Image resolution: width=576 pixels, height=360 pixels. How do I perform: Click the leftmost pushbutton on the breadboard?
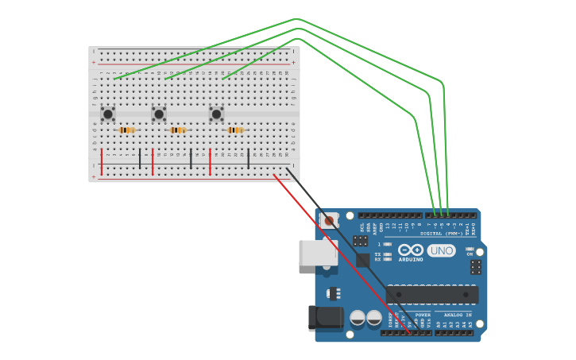click(x=108, y=114)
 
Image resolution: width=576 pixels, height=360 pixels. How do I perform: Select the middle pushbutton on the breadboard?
click(x=159, y=114)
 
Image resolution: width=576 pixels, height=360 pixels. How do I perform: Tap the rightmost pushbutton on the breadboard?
click(x=216, y=114)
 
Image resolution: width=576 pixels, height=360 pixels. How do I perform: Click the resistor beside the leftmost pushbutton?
click(x=127, y=130)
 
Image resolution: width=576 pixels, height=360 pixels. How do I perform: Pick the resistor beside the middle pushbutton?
click(x=178, y=130)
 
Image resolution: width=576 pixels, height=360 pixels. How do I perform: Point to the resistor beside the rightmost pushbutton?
click(x=235, y=130)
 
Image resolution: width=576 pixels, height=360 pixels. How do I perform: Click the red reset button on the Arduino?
click(x=329, y=220)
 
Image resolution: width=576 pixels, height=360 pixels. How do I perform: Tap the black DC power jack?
click(x=325, y=318)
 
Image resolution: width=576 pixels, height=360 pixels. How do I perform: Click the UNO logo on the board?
click(x=441, y=250)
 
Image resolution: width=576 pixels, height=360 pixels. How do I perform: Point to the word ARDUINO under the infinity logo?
click(x=411, y=260)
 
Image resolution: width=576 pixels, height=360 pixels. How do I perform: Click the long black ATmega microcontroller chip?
click(x=432, y=294)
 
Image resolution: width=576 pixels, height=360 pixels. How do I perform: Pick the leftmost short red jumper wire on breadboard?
click(x=102, y=161)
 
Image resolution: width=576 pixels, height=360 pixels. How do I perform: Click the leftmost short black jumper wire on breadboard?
click(x=140, y=158)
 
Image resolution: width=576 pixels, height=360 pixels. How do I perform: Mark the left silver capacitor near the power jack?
click(x=358, y=319)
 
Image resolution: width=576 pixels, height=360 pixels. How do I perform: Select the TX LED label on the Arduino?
click(x=379, y=254)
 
